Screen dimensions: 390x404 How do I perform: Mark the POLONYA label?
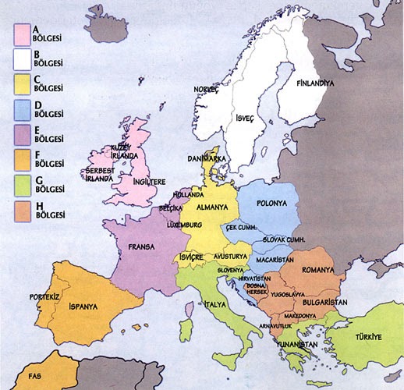(269, 204)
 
